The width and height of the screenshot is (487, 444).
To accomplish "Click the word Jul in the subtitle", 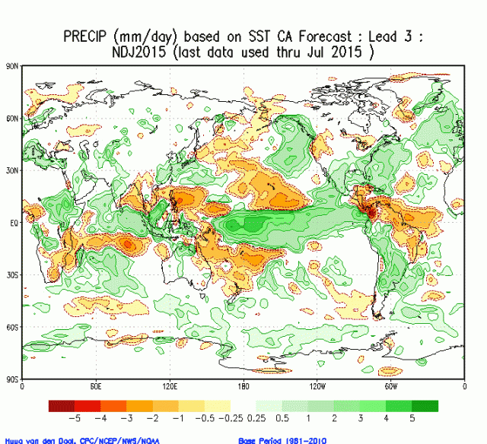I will (x=324, y=52).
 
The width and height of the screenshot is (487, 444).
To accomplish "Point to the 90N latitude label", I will (x=11, y=67).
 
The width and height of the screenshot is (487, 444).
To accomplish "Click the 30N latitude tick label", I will (x=11, y=171).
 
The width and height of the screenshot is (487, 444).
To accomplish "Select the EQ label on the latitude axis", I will (x=13, y=223).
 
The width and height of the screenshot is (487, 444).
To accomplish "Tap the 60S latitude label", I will (x=11, y=327).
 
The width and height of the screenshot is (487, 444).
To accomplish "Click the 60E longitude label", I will (x=95, y=386).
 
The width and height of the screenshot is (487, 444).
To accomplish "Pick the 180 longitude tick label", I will (x=243, y=386).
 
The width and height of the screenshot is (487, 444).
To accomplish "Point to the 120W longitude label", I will (x=317, y=386).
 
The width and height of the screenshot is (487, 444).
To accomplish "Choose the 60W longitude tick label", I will (x=391, y=386).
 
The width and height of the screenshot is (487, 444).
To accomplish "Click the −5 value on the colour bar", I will (x=76, y=418).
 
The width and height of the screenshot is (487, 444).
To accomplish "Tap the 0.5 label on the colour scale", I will (x=282, y=418).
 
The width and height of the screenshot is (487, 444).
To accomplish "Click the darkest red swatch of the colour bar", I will (x=62, y=405).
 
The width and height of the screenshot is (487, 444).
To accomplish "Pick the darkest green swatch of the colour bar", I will (x=426, y=405).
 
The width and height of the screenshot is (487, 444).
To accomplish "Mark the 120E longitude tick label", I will (x=169, y=386).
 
